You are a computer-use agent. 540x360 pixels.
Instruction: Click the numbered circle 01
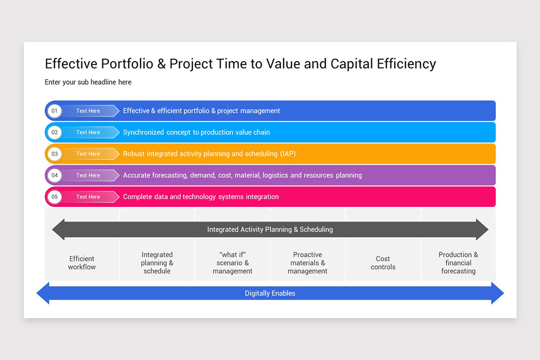(54, 111)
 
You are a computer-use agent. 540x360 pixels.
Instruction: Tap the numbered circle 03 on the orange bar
(54, 154)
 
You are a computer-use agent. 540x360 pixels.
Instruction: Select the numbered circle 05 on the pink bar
(54, 197)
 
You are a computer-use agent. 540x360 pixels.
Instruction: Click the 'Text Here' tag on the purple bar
(88, 175)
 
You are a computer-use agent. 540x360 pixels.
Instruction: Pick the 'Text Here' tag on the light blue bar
(88, 132)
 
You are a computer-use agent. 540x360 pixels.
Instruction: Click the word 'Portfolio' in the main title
(127, 63)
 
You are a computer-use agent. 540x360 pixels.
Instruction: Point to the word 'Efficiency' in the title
(406, 64)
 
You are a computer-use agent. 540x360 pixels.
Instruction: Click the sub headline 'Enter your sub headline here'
(88, 82)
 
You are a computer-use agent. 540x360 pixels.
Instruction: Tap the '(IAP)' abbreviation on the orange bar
(288, 154)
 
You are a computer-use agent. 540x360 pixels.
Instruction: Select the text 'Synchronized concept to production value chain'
(197, 132)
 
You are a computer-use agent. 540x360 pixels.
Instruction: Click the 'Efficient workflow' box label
(82, 263)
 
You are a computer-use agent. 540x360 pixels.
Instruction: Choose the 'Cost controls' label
(383, 263)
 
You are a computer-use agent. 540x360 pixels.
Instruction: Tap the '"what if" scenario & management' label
(232, 263)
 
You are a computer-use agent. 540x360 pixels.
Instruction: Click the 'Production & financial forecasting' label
(458, 263)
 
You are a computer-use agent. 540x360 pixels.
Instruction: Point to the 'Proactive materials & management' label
(307, 263)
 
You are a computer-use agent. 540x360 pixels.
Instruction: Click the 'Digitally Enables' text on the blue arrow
(270, 293)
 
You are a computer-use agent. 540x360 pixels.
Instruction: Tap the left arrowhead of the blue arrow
(43, 293)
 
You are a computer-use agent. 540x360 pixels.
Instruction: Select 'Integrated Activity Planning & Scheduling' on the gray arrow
(270, 229)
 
